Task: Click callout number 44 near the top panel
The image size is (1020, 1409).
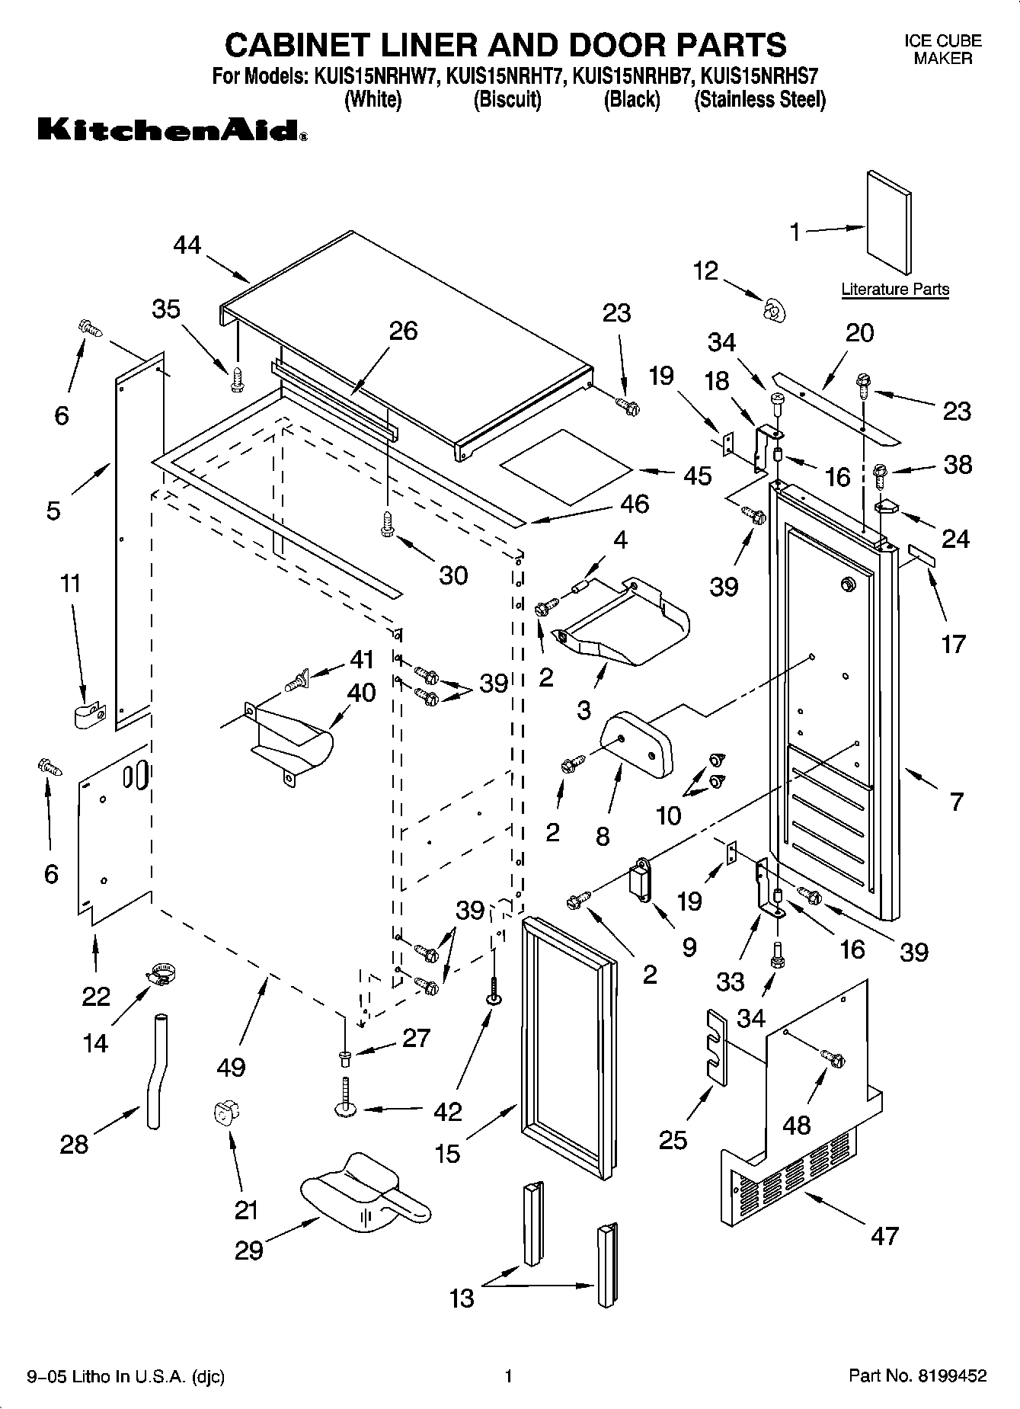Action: [x=187, y=245]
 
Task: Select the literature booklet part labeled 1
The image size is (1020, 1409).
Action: [x=888, y=222]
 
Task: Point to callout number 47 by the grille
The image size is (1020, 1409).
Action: [x=884, y=1235]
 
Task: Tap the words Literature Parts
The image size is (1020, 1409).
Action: [x=895, y=290]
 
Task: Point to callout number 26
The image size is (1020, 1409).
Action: [x=403, y=331]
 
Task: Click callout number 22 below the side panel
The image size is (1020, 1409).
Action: [x=96, y=996]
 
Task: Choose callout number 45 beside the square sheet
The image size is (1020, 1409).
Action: [x=697, y=475]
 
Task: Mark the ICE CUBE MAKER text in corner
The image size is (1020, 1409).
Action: [x=942, y=50]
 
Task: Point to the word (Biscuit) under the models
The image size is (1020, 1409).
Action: [x=507, y=100]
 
